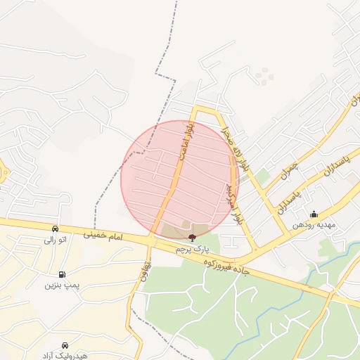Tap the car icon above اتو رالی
[55, 229]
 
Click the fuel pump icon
[63, 274]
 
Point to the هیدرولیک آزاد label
[65, 356]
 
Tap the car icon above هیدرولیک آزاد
[65, 345]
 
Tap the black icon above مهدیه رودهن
[314, 214]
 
